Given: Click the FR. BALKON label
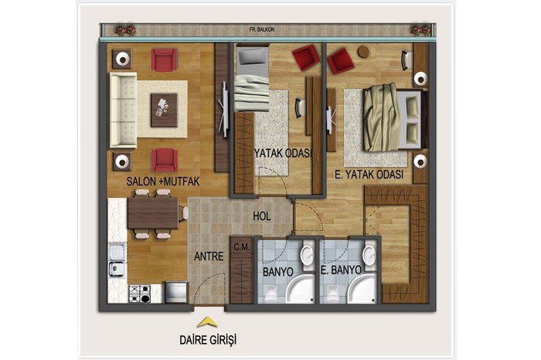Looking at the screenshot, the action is click(x=261, y=30).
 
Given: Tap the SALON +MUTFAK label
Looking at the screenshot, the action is click(x=163, y=182).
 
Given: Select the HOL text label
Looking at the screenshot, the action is click(x=261, y=216).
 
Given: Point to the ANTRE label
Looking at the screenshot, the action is click(x=209, y=256).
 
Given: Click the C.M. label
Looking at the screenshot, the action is click(x=241, y=247).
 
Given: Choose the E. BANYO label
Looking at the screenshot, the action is click(x=341, y=270).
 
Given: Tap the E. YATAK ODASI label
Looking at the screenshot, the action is click(x=369, y=175).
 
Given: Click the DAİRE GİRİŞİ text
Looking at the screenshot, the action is click(x=208, y=340).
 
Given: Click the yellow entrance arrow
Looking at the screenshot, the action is click(x=207, y=322).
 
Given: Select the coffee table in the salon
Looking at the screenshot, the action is click(x=164, y=110).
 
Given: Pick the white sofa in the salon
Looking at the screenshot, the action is click(x=123, y=110).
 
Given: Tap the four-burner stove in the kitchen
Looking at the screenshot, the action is click(x=140, y=294).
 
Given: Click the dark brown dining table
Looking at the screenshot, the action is click(x=153, y=213).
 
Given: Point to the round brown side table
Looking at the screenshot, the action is click(x=363, y=52).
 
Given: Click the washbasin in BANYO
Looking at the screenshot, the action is click(x=307, y=256).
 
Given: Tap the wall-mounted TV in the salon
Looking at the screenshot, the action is click(x=224, y=109).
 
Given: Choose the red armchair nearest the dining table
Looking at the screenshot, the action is click(x=165, y=160).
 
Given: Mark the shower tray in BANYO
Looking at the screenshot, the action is click(x=300, y=289).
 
